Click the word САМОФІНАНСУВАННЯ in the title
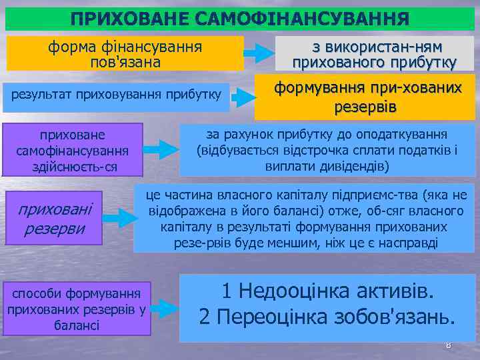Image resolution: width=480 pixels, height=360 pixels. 303,18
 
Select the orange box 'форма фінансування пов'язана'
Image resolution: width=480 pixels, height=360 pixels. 125,54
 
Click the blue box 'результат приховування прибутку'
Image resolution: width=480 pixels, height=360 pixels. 117,93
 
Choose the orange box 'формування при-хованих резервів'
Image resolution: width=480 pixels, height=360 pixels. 369,97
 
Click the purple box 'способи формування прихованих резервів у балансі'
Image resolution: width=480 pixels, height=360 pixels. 76,309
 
